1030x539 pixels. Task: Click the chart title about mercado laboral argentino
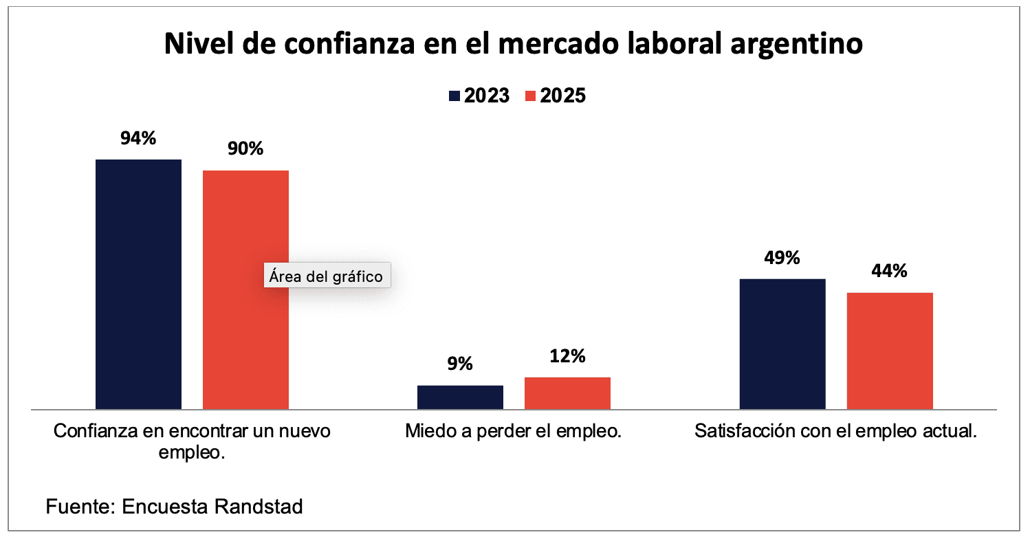point(513,44)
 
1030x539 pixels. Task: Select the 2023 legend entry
point(479,96)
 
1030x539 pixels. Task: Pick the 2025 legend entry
point(555,96)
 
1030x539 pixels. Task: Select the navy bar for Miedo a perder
point(460,397)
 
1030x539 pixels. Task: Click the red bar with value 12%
point(567,393)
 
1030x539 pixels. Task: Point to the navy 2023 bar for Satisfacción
point(782,344)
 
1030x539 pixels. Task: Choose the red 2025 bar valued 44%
point(889,351)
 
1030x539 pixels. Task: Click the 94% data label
point(138,138)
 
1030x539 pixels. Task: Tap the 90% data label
point(245,148)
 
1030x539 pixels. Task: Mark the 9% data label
point(460,364)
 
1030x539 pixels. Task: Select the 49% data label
point(782,258)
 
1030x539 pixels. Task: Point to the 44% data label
point(889,271)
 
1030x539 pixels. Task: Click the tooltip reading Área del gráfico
point(326,276)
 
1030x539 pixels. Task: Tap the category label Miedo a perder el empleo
point(514,432)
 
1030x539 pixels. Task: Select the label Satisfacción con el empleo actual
point(835,432)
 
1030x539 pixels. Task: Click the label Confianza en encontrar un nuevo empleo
point(192,441)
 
